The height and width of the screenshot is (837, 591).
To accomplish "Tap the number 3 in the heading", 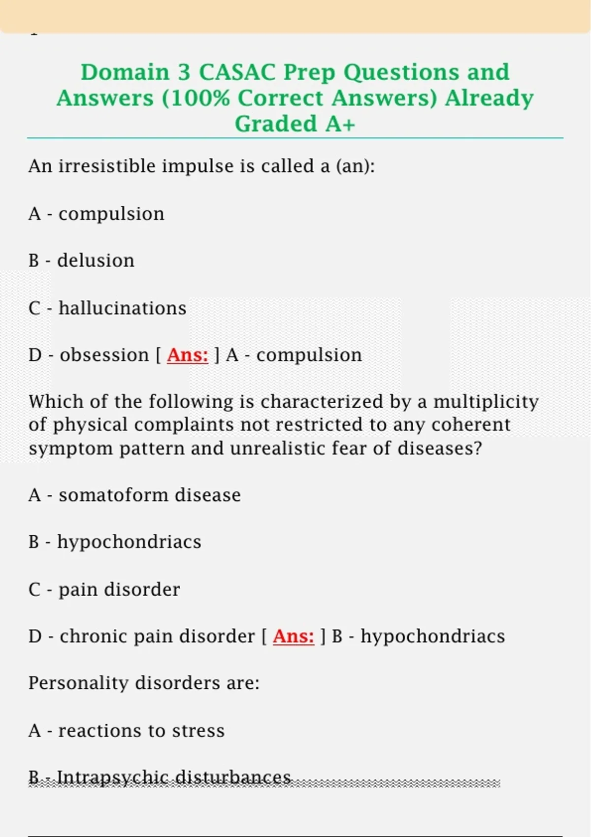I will (184, 72).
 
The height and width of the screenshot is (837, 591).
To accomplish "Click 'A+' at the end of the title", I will (340, 124).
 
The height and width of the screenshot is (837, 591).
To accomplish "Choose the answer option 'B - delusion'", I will (81, 260).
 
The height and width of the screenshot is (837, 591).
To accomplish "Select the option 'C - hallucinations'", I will (107, 308).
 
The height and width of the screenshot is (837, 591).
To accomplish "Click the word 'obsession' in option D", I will (104, 355).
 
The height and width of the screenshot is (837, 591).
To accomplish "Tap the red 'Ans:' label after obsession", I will (187, 355).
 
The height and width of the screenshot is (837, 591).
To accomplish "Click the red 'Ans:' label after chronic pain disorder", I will (293, 636).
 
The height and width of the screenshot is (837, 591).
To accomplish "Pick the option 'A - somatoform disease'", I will (134, 495).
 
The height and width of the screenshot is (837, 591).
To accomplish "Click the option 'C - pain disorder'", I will (104, 589).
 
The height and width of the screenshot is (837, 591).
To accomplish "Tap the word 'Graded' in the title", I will (276, 124).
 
